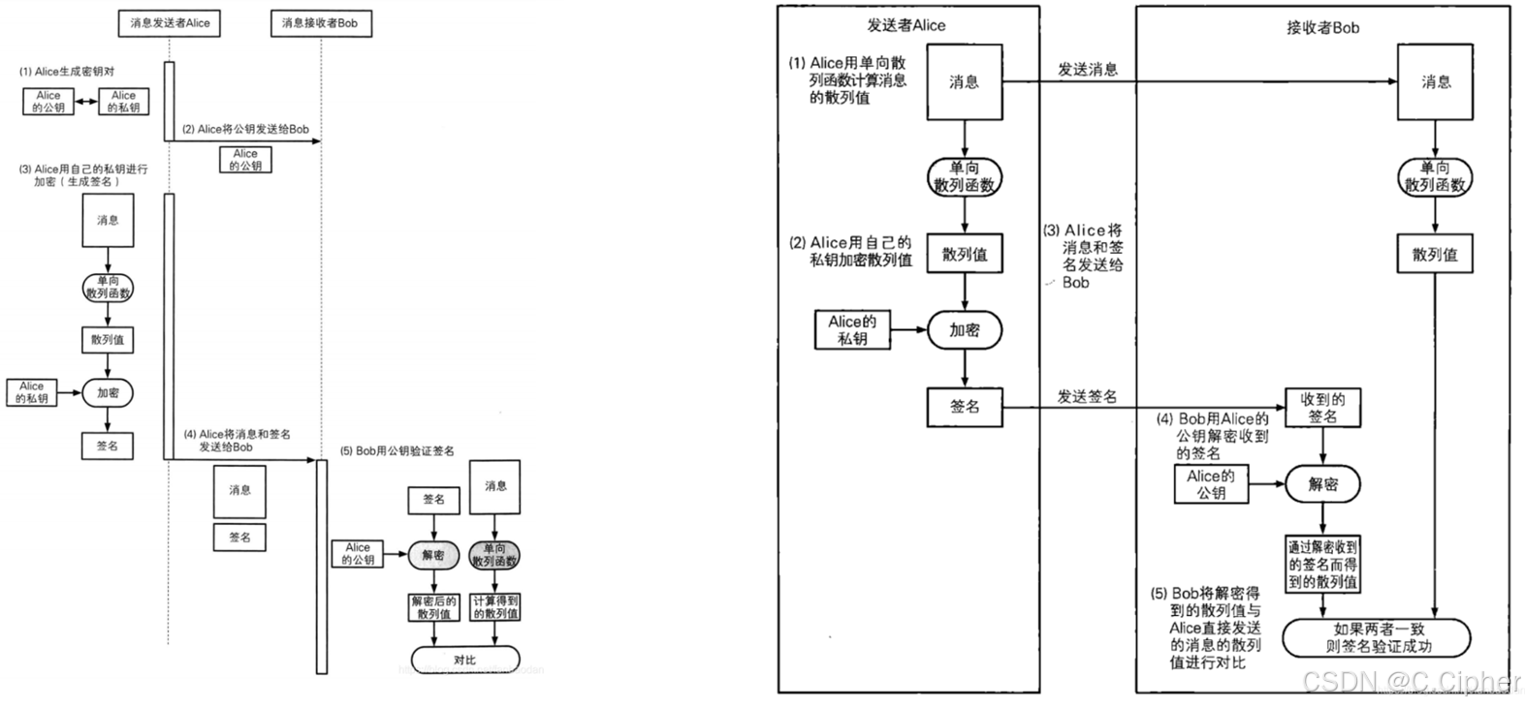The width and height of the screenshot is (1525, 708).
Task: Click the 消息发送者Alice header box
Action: click(170, 23)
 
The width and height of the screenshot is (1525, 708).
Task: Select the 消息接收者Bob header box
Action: click(320, 23)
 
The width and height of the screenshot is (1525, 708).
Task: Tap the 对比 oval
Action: click(464, 660)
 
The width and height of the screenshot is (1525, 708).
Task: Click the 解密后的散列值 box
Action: click(433, 607)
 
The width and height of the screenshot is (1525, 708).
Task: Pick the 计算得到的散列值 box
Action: click(495, 607)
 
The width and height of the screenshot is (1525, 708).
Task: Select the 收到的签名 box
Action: click(1322, 408)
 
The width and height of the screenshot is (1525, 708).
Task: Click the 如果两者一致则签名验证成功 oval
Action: click(1378, 637)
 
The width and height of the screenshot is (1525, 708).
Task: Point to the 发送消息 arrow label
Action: click(1087, 70)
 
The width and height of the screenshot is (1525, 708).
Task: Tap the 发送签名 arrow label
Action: click(1087, 396)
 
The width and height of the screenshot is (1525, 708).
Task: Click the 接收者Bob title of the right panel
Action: click(1322, 28)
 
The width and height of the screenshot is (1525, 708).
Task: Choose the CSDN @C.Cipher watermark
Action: click(1412, 682)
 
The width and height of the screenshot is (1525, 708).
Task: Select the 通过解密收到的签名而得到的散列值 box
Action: click(1322, 565)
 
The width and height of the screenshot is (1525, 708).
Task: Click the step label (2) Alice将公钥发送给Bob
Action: click(245, 129)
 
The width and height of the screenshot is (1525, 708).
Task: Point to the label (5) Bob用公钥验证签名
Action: click(397, 451)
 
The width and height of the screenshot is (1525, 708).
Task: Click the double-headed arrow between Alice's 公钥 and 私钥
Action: click(86, 102)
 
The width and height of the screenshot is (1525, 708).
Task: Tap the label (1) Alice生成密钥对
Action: click(66, 72)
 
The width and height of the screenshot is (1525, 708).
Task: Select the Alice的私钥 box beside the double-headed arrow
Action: click(123, 102)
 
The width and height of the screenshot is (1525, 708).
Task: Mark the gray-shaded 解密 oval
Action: click(433, 555)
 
